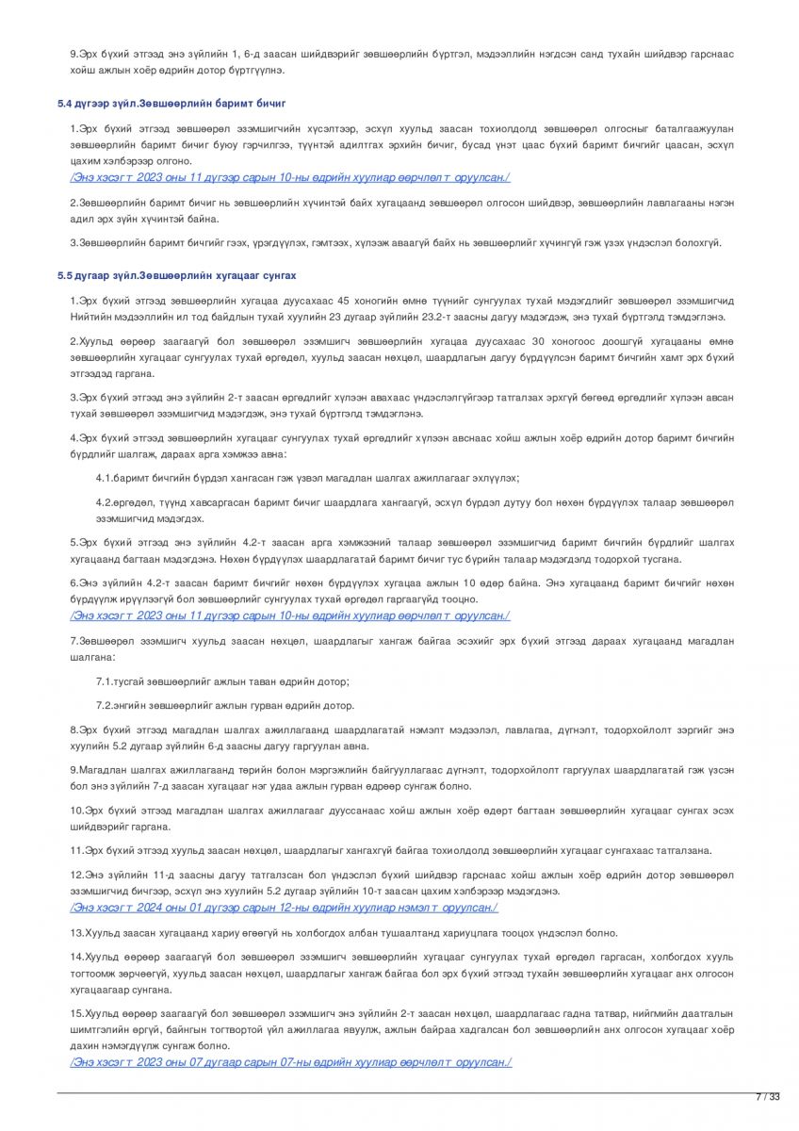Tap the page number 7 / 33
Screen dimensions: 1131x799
768,1096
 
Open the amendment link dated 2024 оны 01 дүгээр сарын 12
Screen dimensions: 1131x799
284,908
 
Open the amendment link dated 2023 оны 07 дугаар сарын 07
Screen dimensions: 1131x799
290,1062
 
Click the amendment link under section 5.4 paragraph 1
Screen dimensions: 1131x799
289,177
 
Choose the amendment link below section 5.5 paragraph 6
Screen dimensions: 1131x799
289,615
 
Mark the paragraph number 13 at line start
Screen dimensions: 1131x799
76,932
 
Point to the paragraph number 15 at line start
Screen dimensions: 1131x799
76,1013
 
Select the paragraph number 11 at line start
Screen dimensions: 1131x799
76,850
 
